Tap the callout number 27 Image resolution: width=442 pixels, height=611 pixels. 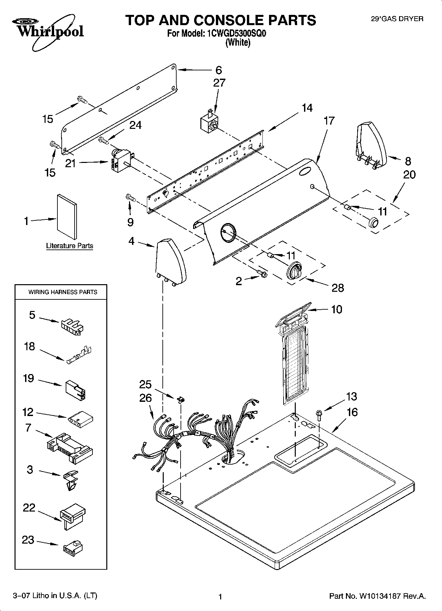coord(219,83)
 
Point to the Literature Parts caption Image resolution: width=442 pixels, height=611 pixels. coord(69,246)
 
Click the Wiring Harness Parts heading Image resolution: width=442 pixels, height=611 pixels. coord(63,292)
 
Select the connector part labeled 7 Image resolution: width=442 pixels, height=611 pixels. coord(70,448)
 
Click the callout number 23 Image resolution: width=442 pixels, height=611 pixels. coord(28,540)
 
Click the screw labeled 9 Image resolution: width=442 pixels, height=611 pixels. coord(130,198)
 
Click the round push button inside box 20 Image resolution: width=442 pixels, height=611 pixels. coord(373,222)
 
